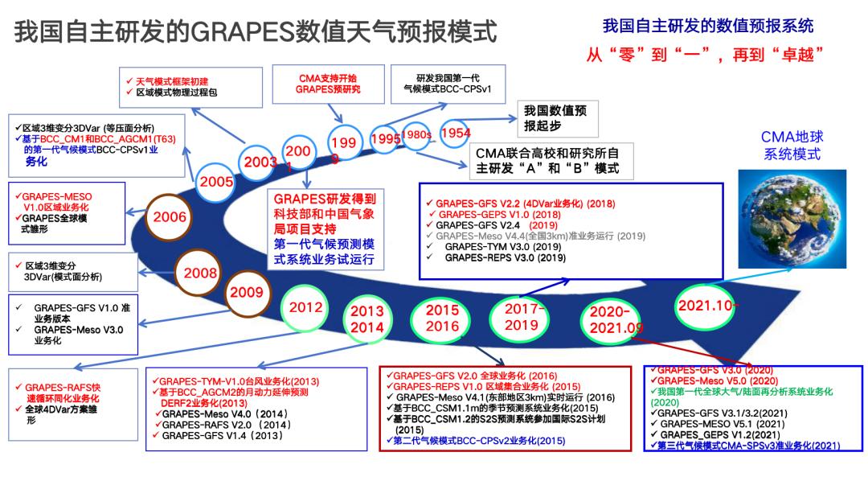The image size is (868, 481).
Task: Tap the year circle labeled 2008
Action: pyautogui.click(x=201, y=273)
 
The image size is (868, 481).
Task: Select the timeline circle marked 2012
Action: pyautogui.click(x=306, y=308)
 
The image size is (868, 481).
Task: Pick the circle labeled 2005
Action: pyautogui.click(x=217, y=182)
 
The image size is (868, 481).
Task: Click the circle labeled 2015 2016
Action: pyautogui.click(x=442, y=319)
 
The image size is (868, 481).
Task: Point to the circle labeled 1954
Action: pyautogui.click(x=455, y=134)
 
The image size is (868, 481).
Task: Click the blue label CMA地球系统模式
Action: pyautogui.click(x=792, y=146)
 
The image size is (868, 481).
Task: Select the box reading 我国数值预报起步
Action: pyautogui.click(x=555, y=120)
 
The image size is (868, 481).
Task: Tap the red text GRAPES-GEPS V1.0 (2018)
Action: pyautogui.click(x=500, y=216)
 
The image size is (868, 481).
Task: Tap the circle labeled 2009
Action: pyautogui.click(x=247, y=293)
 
